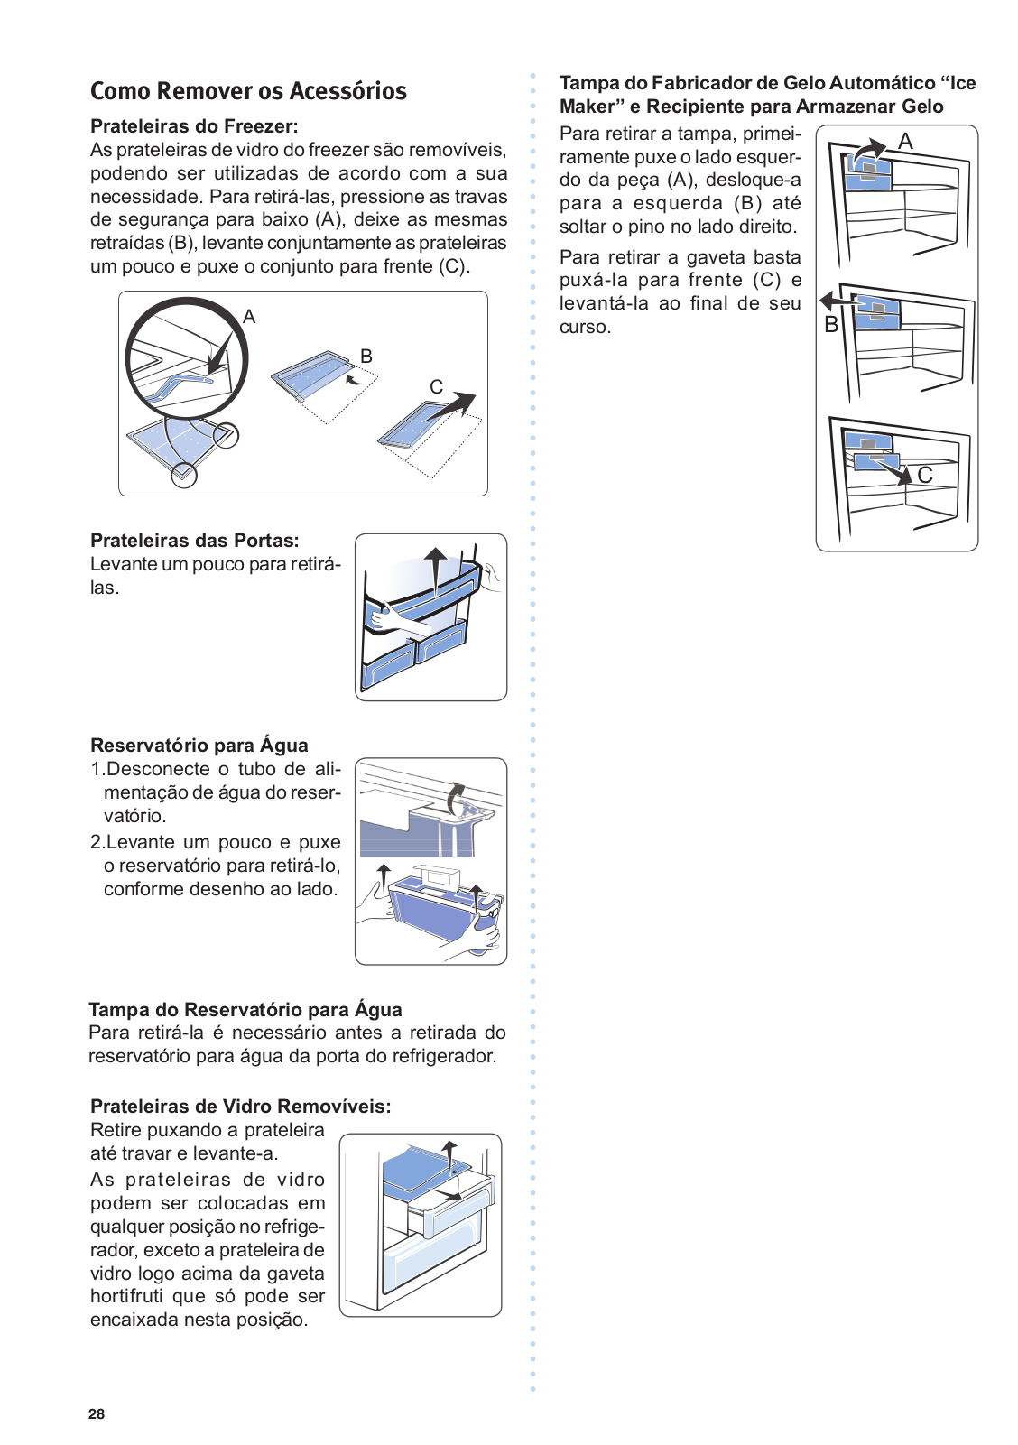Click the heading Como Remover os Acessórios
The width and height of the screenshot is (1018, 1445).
248,91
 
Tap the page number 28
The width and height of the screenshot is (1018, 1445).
97,1414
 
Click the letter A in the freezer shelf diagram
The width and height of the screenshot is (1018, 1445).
249,317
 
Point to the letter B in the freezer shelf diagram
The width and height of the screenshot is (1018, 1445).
366,357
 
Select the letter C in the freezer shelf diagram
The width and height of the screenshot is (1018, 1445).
436,387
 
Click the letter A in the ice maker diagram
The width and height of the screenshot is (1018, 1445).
906,142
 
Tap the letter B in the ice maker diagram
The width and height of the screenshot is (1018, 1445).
831,325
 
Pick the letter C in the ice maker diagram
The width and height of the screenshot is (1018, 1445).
925,475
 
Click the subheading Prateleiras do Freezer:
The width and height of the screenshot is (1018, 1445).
194,126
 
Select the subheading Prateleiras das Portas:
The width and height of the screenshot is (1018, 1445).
195,541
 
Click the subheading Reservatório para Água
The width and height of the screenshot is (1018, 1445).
199,746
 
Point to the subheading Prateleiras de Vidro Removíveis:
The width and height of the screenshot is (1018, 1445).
241,1107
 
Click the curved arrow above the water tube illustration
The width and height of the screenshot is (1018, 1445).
456,795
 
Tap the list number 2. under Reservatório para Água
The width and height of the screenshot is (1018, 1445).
97,842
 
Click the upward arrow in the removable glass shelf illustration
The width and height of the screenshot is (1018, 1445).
449,1154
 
